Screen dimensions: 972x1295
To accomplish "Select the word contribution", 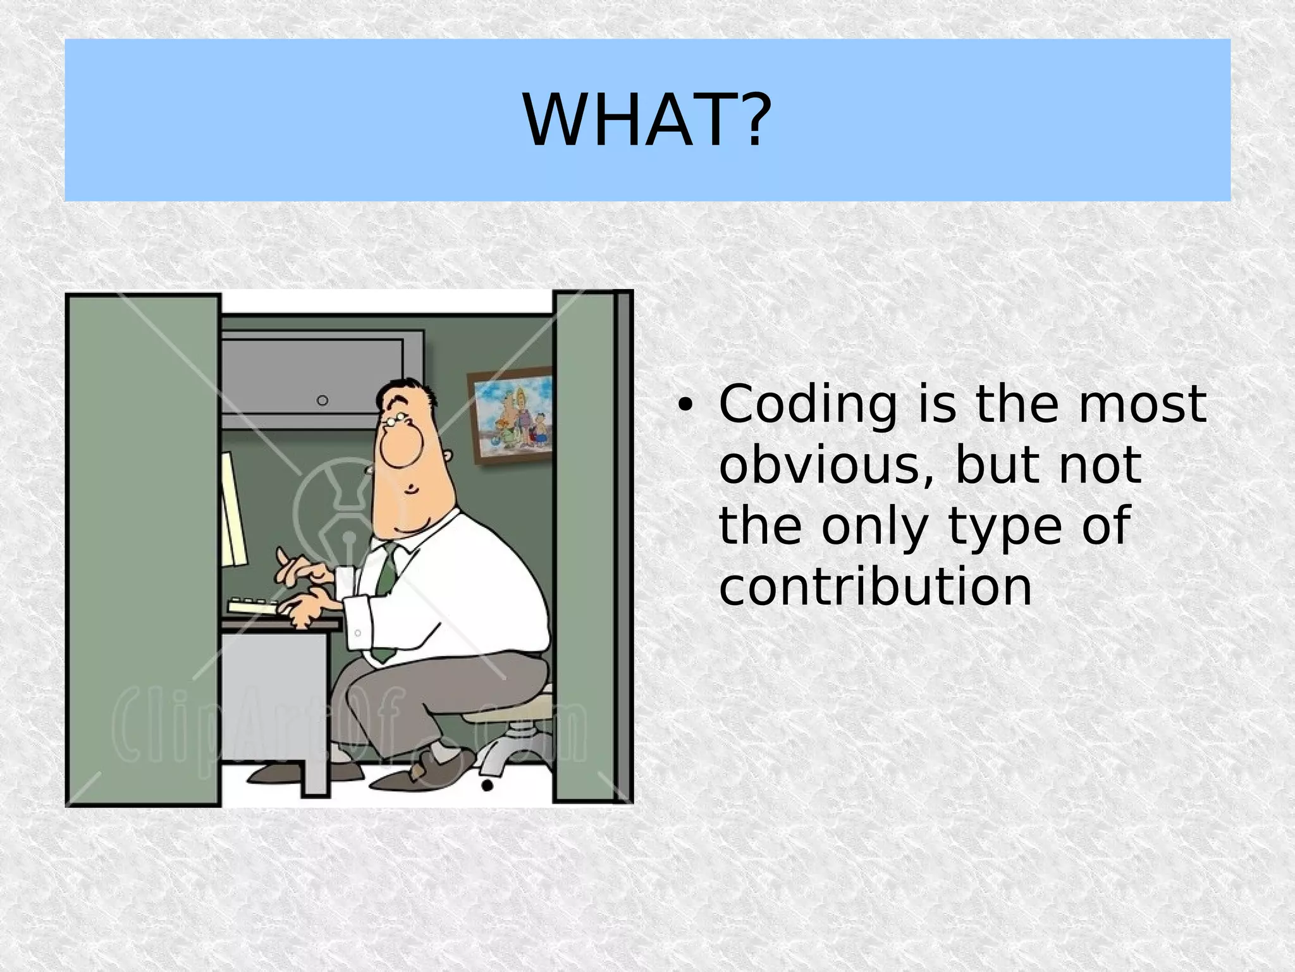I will (875, 587).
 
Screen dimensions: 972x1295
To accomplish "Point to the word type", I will (1005, 526).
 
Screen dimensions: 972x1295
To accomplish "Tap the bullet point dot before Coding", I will (684, 406).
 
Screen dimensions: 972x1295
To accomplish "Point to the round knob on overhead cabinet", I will (322, 400).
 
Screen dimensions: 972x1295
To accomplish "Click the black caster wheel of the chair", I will (487, 785).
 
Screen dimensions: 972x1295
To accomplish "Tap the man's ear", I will (447, 457).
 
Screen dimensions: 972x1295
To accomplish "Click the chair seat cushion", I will (506, 715).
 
